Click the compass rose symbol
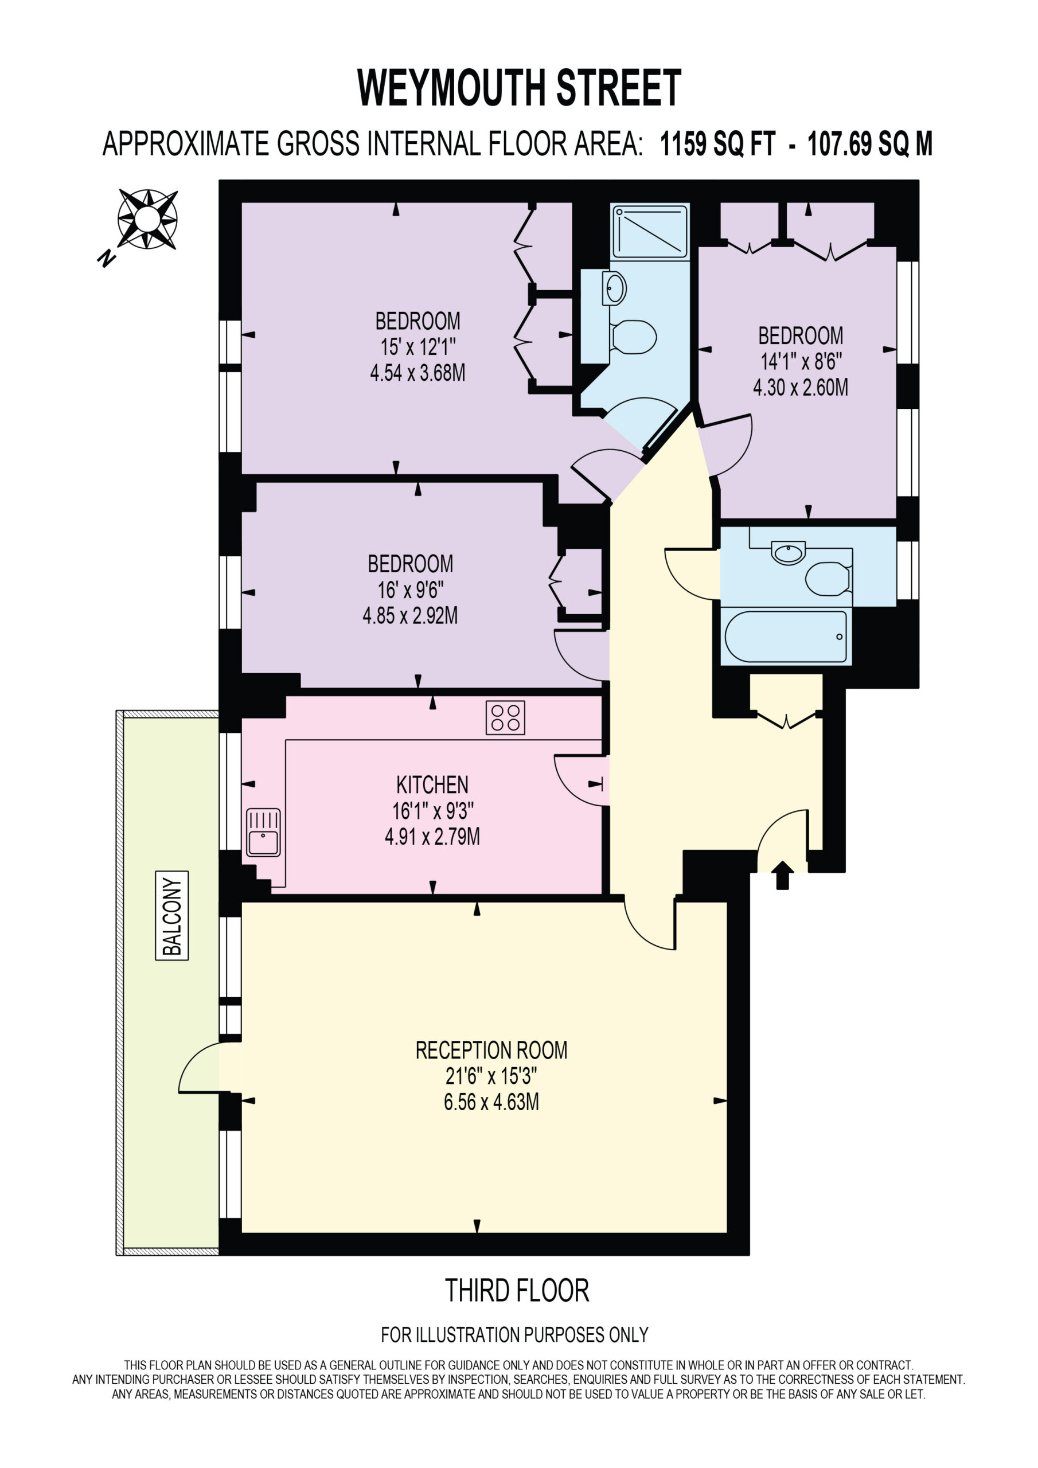click(147, 218)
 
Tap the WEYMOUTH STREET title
click(518, 88)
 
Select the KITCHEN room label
click(432, 784)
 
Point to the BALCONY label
click(172, 916)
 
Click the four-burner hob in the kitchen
click(505, 717)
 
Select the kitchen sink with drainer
click(263, 833)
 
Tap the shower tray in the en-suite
click(650, 232)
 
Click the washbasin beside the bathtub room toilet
click(789, 552)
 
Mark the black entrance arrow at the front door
click(783, 875)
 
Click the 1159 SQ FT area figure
click(717, 144)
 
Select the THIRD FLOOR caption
click(517, 1291)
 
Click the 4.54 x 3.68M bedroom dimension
click(417, 373)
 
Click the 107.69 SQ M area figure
click(870, 144)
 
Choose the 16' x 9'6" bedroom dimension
click(410, 589)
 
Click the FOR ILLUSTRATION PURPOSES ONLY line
click(515, 1335)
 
